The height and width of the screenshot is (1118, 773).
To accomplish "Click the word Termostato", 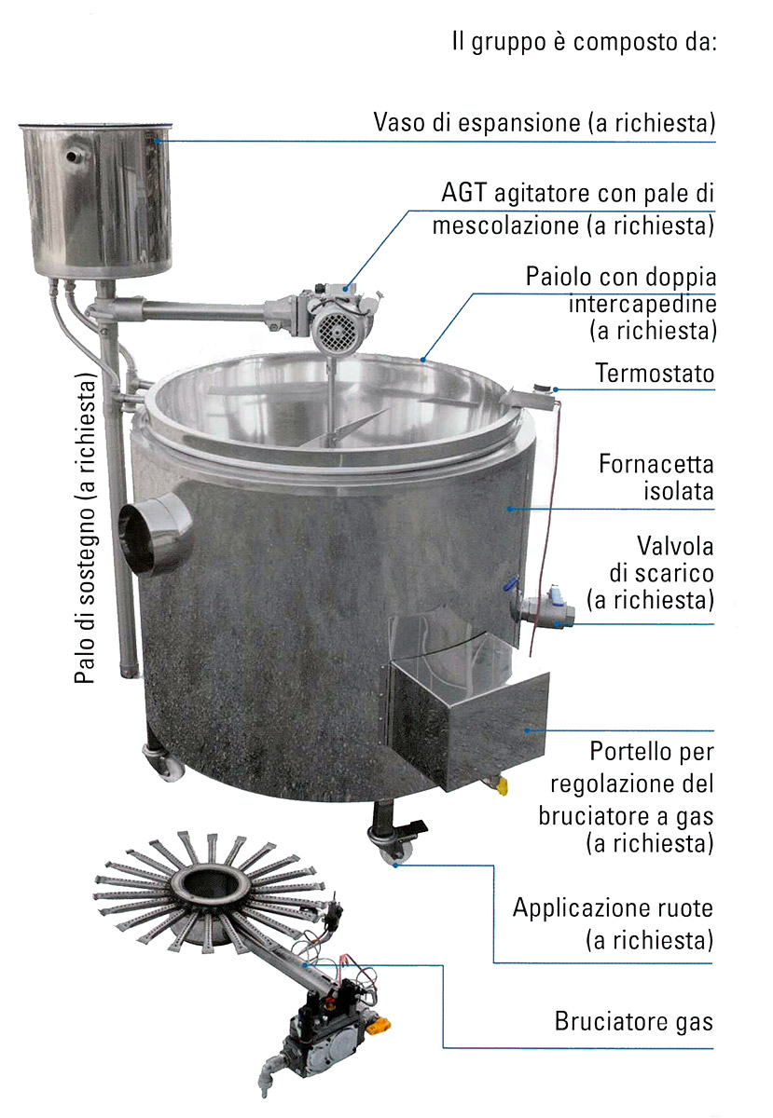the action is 655,374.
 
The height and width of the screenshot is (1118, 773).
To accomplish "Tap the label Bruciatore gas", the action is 633,1021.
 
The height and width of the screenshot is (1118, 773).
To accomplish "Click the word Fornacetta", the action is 656,464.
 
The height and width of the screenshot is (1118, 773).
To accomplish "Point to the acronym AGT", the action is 463,193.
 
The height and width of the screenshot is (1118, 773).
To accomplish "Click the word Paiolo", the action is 556,276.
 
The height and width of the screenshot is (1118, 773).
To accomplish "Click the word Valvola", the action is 674,546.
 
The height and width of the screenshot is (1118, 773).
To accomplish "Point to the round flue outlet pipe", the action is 155,533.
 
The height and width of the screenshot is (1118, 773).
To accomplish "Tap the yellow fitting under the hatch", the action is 500,785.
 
